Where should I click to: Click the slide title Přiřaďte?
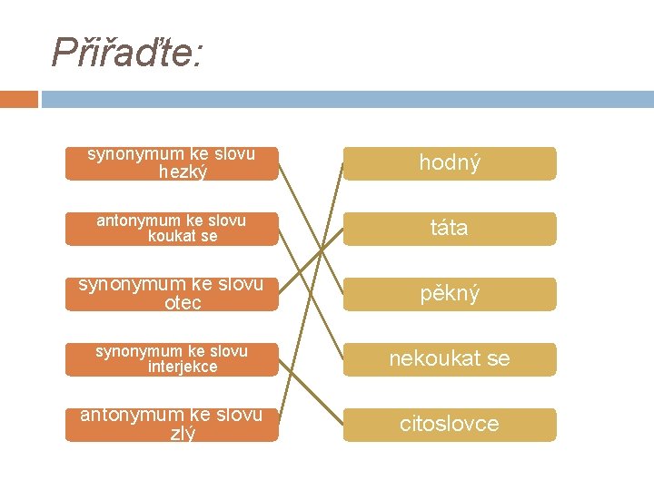pos(127,53)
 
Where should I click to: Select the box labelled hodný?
pos(449,163)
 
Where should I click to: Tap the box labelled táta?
pos(449,229)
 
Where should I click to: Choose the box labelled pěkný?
pos(449,294)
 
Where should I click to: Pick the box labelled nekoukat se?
pos(449,359)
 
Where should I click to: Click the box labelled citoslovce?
pos(449,425)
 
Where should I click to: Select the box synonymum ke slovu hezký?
pos(172,163)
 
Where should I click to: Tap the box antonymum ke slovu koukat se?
pos(172,229)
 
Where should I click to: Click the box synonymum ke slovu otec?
pos(172,294)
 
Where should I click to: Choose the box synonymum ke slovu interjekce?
pos(172,359)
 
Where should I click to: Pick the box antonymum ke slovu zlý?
pos(172,425)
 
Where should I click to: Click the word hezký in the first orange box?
pos(182,171)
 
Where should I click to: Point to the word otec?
pos(183,303)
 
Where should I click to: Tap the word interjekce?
pos(183,367)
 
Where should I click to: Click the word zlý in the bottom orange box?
pos(183,434)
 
